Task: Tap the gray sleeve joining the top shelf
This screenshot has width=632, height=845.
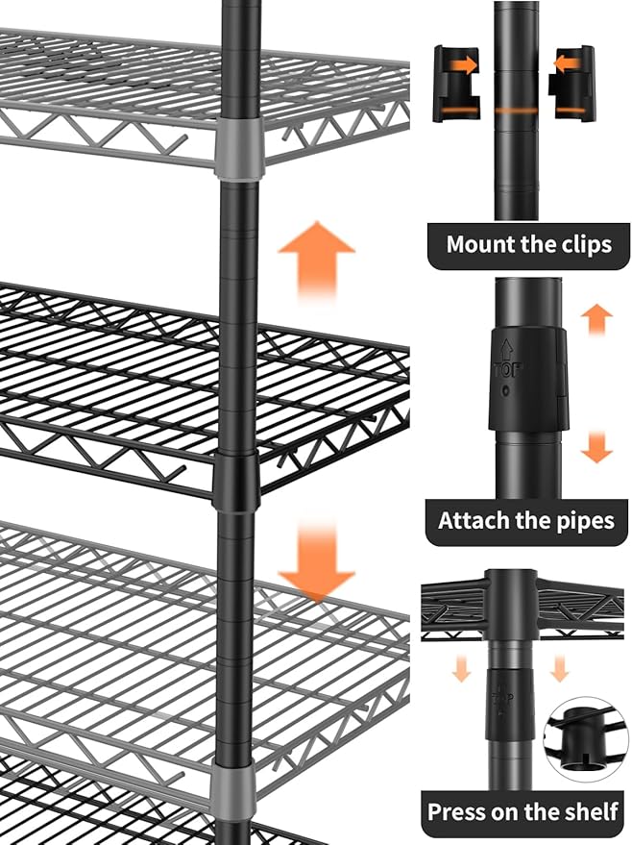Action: pos(238,149)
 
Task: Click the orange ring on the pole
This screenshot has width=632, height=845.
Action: pos(517,111)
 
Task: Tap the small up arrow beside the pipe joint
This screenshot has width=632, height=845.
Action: pos(597,317)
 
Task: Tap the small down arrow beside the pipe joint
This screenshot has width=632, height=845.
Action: pos(597,447)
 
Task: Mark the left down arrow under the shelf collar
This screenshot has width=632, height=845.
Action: pos(462,667)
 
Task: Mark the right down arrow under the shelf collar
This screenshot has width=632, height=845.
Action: pos(560,667)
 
